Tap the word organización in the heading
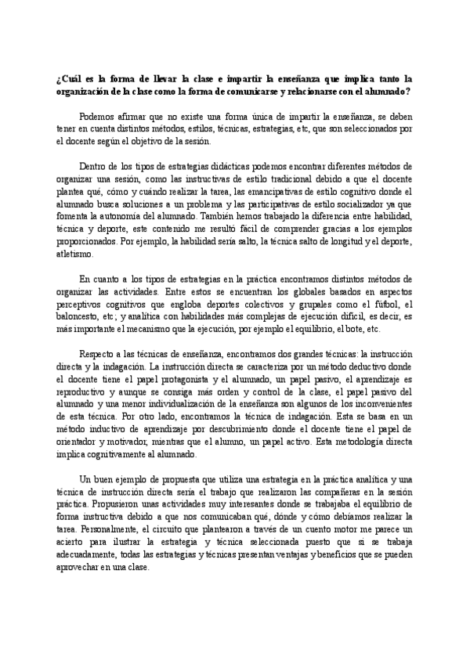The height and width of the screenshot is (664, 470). coord(83,91)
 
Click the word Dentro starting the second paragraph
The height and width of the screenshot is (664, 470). coord(93,166)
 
